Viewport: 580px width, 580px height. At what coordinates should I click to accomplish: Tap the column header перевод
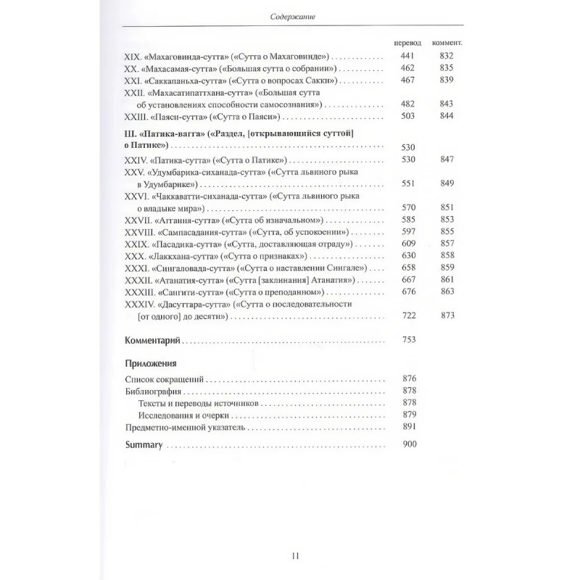[x=407, y=43]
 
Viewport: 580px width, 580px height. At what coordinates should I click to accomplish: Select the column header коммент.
[x=447, y=43]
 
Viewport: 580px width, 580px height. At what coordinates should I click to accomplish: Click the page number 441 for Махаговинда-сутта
[x=409, y=56]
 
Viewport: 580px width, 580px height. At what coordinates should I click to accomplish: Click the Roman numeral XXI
[x=134, y=80]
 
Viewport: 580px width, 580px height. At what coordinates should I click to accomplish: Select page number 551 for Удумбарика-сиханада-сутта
[x=409, y=183]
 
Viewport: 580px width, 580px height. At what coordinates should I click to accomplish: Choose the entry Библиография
[x=152, y=391]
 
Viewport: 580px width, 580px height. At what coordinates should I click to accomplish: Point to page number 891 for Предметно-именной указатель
[x=409, y=427]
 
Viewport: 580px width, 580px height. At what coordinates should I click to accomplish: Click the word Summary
[x=143, y=444]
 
